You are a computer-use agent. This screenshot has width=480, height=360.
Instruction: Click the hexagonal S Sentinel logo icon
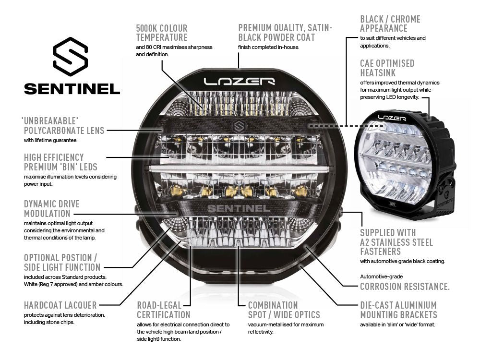click(71, 57)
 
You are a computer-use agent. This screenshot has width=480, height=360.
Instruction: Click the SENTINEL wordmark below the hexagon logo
click(72, 89)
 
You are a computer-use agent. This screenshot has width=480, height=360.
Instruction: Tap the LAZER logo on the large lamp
click(239, 81)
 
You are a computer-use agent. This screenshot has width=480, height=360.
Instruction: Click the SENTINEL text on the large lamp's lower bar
click(238, 208)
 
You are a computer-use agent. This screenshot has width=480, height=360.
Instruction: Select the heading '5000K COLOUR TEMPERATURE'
click(162, 33)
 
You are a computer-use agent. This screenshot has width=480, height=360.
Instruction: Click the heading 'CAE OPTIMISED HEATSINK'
click(387, 68)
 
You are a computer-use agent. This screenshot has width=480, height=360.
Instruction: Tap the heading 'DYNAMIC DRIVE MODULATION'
click(52, 208)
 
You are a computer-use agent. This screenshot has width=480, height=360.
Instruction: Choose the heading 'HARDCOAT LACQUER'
click(60, 305)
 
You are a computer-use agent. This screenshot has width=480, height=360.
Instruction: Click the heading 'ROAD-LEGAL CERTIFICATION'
click(164, 310)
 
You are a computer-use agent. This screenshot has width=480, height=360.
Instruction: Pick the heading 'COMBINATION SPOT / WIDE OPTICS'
click(284, 310)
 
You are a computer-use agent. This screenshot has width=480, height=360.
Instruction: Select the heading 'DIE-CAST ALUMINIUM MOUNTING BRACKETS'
click(398, 310)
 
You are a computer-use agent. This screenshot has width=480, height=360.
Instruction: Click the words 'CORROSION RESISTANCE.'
click(405, 287)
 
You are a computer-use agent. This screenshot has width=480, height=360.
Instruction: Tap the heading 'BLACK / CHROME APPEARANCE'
click(390, 24)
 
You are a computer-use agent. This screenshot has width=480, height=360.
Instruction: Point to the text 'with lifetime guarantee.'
click(50, 141)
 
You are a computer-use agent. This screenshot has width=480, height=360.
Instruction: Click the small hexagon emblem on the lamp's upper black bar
click(239, 127)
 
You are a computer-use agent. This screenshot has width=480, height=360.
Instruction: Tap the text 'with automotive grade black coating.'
click(403, 261)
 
